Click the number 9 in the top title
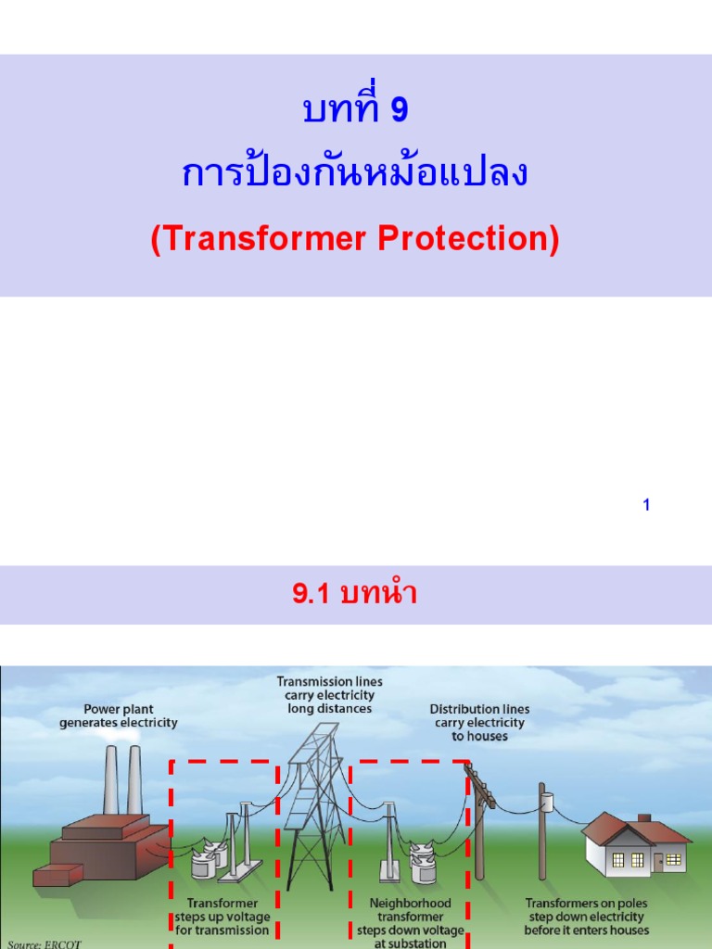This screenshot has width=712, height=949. [399, 110]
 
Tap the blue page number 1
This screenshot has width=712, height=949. [646, 505]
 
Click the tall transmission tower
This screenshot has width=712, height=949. [313, 806]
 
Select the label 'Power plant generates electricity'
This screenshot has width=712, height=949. [119, 715]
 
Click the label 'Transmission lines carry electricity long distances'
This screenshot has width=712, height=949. [329, 694]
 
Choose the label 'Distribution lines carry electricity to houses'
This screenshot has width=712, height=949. [479, 722]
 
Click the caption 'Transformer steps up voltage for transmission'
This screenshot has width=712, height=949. [222, 916]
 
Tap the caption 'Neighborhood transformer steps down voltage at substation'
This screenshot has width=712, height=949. [411, 922]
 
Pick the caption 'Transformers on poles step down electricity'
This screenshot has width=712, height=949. [586, 916]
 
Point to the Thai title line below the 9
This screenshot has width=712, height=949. [355, 172]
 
